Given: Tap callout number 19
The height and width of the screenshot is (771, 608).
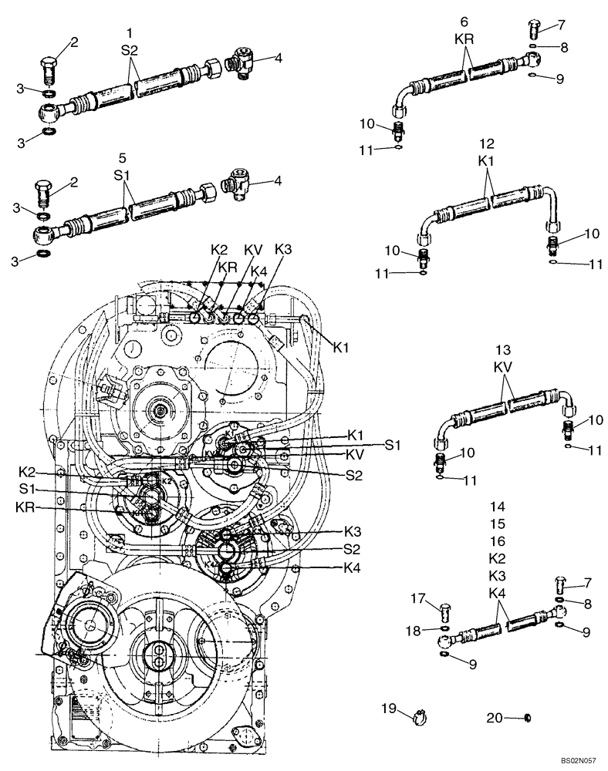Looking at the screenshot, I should click(388, 708).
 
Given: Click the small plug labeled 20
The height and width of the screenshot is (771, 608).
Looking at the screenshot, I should click(527, 719).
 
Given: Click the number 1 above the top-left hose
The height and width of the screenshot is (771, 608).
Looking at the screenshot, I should click(130, 32).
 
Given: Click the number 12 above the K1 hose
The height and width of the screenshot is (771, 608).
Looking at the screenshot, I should click(486, 143).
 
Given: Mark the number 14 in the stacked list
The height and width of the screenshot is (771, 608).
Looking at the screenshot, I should click(497, 507).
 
